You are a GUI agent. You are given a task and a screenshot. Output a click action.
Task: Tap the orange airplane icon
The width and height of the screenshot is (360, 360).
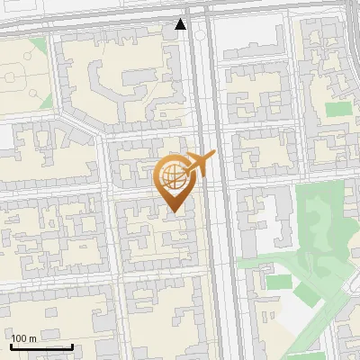[x=197, y=165]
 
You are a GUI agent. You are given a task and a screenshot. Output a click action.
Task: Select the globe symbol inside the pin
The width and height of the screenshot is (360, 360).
[x=173, y=175]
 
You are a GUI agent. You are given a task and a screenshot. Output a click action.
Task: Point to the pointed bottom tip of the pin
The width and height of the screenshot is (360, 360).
[x=174, y=211]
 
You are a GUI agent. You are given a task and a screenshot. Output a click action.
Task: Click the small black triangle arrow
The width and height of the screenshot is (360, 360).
[x=181, y=25]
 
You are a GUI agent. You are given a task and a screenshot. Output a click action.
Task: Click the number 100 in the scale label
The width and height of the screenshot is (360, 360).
[x=19, y=338]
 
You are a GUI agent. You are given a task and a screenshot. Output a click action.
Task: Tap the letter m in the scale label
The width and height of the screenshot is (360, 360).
[x=32, y=338]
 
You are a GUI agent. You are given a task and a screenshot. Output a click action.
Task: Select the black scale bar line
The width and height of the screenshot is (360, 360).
[x=41, y=346]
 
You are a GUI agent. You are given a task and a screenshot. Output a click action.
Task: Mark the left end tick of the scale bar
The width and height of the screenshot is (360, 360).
[x=11, y=345]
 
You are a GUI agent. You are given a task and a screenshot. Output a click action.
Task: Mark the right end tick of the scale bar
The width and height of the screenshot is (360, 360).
[x=72, y=345]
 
